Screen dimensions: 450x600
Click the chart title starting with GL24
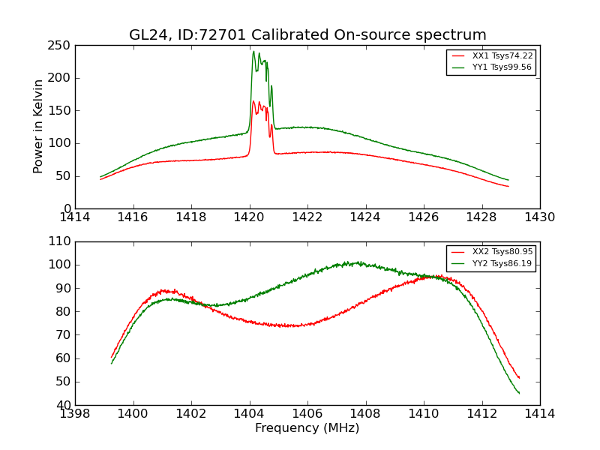pos(307,35)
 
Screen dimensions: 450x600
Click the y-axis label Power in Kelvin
pos(38,127)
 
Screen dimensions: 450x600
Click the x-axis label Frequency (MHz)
pos(307,428)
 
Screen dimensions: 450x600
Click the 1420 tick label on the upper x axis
pos(249,217)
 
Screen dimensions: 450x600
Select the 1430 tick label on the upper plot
pos(539,217)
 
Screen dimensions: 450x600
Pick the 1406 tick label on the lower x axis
pos(307,413)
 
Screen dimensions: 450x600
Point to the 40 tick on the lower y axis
pos(64,406)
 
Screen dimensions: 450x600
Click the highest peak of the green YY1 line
pos(253,52)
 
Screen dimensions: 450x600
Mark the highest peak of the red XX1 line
pos(253,101)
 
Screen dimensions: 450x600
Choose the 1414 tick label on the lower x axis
pos(539,413)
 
